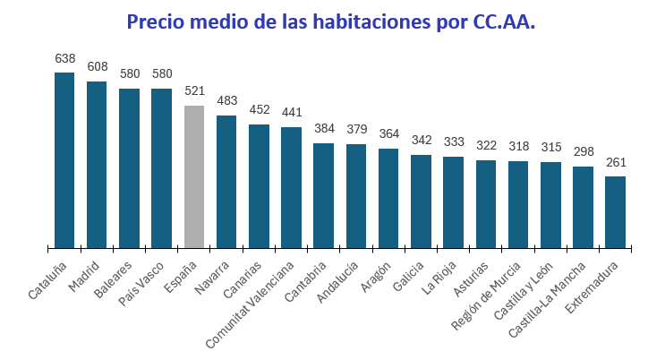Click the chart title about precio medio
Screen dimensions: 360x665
pyautogui.click(x=331, y=21)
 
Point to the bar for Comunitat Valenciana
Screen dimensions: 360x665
pyautogui.click(x=291, y=187)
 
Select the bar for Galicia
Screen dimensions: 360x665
pyautogui.click(x=421, y=201)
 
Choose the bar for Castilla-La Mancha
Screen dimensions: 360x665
pyautogui.click(x=583, y=207)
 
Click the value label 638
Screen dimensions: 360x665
pyautogui.click(x=64, y=58)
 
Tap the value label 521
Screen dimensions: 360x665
pyautogui.click(x=194, y=91)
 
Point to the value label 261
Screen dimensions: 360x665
pyautogui.click(x=615, y=162)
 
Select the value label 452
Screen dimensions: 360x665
pyautogui.click(x=259, y=110)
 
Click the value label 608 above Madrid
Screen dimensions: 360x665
pyautogui.click(x=97, y=66)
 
